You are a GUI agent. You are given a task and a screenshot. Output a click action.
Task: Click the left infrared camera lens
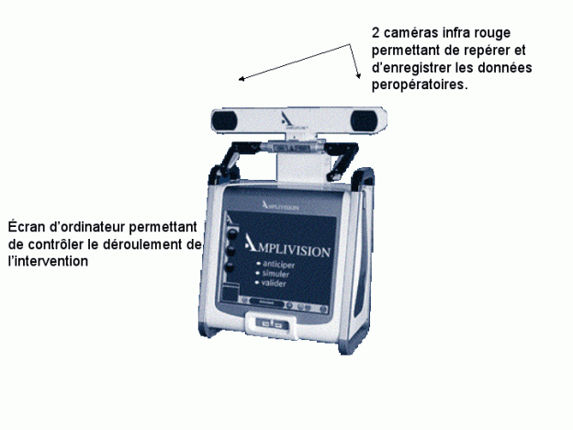[x=224, y=120]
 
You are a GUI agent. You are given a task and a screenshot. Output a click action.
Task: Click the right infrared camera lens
[x=364, y=121]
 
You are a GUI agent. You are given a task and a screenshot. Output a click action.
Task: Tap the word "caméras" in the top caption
[x=411, y=33]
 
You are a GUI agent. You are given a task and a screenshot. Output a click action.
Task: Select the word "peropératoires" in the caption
[x=418, y=85]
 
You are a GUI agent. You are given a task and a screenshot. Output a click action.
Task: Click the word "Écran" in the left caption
[x=26, y=227]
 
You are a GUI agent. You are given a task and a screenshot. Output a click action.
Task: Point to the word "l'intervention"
[x=48, y=261]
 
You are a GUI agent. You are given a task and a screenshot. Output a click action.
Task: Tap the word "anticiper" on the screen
[x=278, y=265]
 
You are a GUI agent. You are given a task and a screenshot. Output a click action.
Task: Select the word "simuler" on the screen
[x=275, y=274]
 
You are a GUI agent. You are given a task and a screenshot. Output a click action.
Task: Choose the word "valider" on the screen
[x=274, y=283]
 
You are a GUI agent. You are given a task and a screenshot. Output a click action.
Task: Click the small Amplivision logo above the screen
[x=280, y=206]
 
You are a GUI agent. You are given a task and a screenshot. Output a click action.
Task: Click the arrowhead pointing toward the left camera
[x=242, y=79]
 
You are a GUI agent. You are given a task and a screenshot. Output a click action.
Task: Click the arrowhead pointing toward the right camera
[x=358, y=75]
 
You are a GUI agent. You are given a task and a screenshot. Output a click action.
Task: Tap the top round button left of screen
[x=231, y=234]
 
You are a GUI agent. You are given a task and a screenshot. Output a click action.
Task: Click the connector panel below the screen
[x=271, y=323]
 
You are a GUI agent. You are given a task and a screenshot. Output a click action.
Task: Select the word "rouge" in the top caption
[x=492, y=34]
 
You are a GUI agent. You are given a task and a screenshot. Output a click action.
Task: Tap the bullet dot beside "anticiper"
[x=258, y=264]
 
